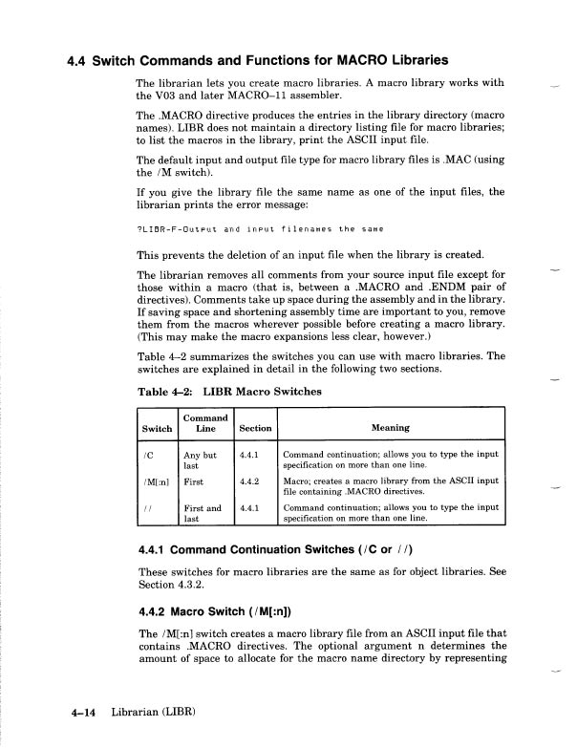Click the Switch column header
coord(158,428)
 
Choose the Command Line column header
coord(205,423)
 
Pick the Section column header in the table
coord(255,428)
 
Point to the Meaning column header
coord(392,428)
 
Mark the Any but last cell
coord(201,459)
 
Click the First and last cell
coord(202,513)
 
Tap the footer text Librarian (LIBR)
coord(153,714)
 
